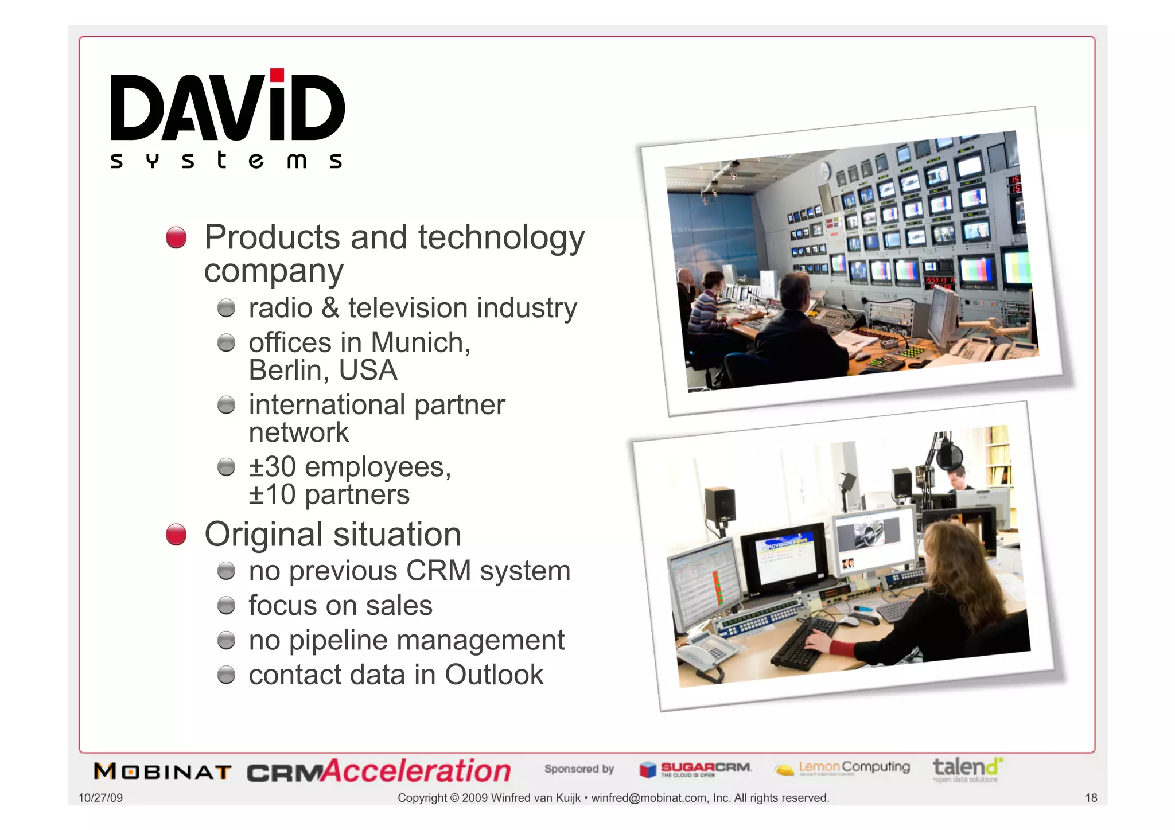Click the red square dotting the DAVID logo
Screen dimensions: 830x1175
click(277, 75)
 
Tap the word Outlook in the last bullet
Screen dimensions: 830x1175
click(493, 675)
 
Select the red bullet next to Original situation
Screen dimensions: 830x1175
click(176, 534)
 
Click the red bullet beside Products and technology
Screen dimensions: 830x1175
click(176, 237)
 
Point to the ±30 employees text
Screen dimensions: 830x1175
click(350, 466)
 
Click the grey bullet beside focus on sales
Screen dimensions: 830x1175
click(227, 606)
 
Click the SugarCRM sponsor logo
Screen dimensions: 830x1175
click(695, 769)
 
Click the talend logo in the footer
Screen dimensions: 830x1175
click(967, 768)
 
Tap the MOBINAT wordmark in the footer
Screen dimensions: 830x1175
click(163, 771)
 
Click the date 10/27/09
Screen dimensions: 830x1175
click(100, 798)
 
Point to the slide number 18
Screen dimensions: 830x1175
click(1091, 798)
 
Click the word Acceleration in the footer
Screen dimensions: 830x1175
click(417, 771)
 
